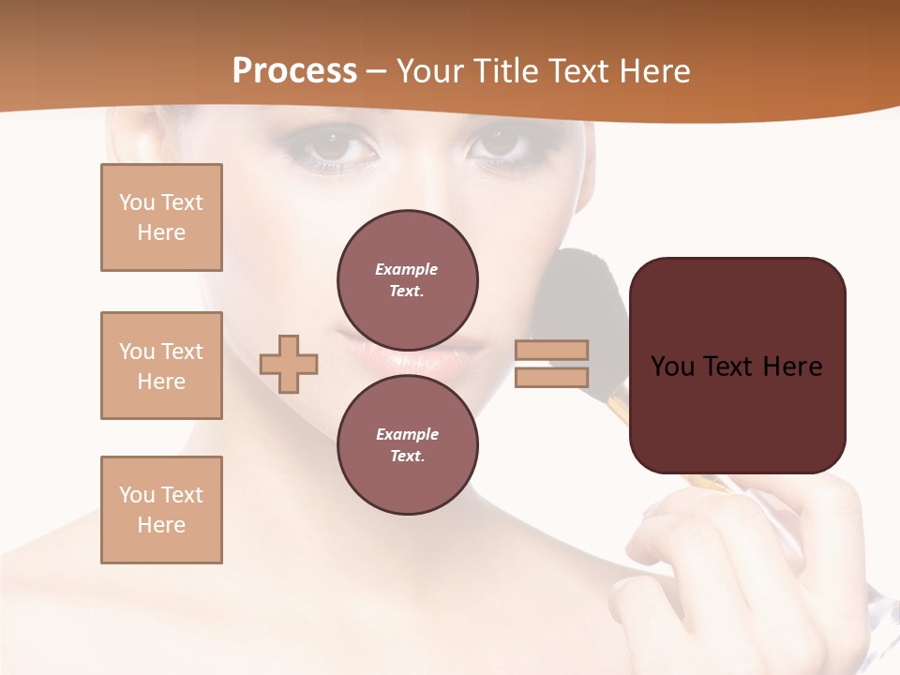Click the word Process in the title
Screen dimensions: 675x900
(294, 71)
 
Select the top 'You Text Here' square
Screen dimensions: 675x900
(161, 217)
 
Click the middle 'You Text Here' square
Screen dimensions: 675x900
(161, 366)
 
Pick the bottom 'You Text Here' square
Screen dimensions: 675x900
(161, 510)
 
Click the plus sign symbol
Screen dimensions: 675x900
(289, 363)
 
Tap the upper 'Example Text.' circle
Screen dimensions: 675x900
(408, 280)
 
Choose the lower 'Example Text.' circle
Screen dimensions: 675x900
(408, 445)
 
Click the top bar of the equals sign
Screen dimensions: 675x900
(551, 351)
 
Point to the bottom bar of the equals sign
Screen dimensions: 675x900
(551, 377)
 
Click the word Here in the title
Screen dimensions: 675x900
(654, 71)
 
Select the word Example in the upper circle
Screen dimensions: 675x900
(407, 269)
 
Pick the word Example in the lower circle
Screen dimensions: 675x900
(407, 434)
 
